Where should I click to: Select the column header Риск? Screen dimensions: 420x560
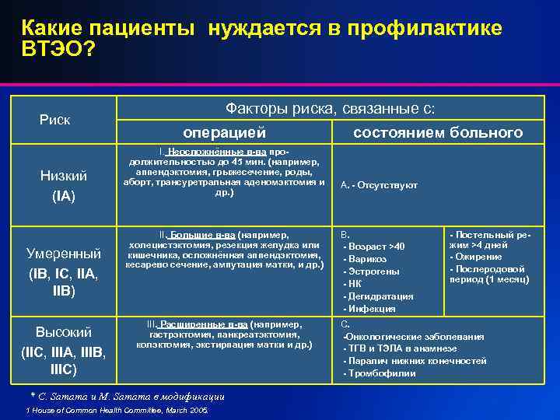55,119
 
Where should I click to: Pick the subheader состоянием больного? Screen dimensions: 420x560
438,133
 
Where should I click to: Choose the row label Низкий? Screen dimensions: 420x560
64,176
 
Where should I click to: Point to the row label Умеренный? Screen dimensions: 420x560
64,254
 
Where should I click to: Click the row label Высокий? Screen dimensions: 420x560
64,332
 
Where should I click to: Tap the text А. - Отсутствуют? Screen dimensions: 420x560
380,185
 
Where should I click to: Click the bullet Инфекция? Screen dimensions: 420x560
373,309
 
